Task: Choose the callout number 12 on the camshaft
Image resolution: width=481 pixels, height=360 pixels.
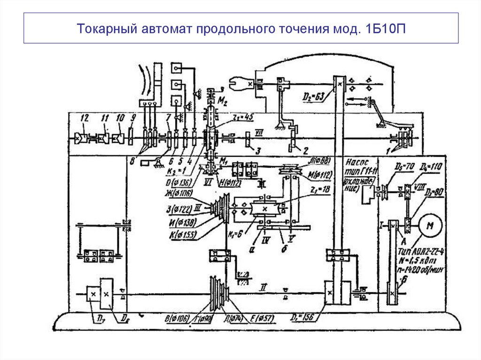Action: pos(84,117)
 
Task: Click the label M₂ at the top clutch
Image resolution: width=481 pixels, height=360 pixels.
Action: pos(223,101)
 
